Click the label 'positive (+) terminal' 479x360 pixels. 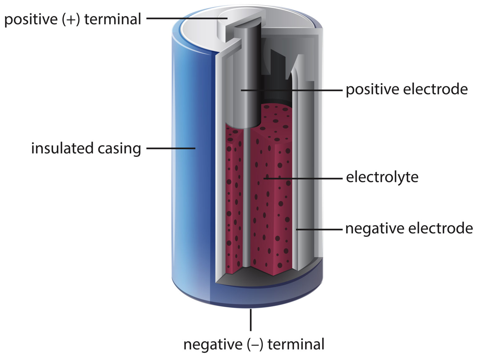[x=73, y=19]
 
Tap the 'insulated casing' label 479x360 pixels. [x=86, y=148]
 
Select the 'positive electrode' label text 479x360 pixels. [x=407, y=90]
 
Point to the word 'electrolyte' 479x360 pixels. [x=382, y=177]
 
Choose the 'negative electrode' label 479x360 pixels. [x=409, y=228]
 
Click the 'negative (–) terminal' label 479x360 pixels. [x=254, y=344]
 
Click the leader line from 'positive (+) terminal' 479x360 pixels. [x=187, y=18]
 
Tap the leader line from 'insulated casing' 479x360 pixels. [x=171, y=148]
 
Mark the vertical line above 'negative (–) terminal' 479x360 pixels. [x=250, y=319]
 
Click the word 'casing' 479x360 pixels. [x=119, y=148]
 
